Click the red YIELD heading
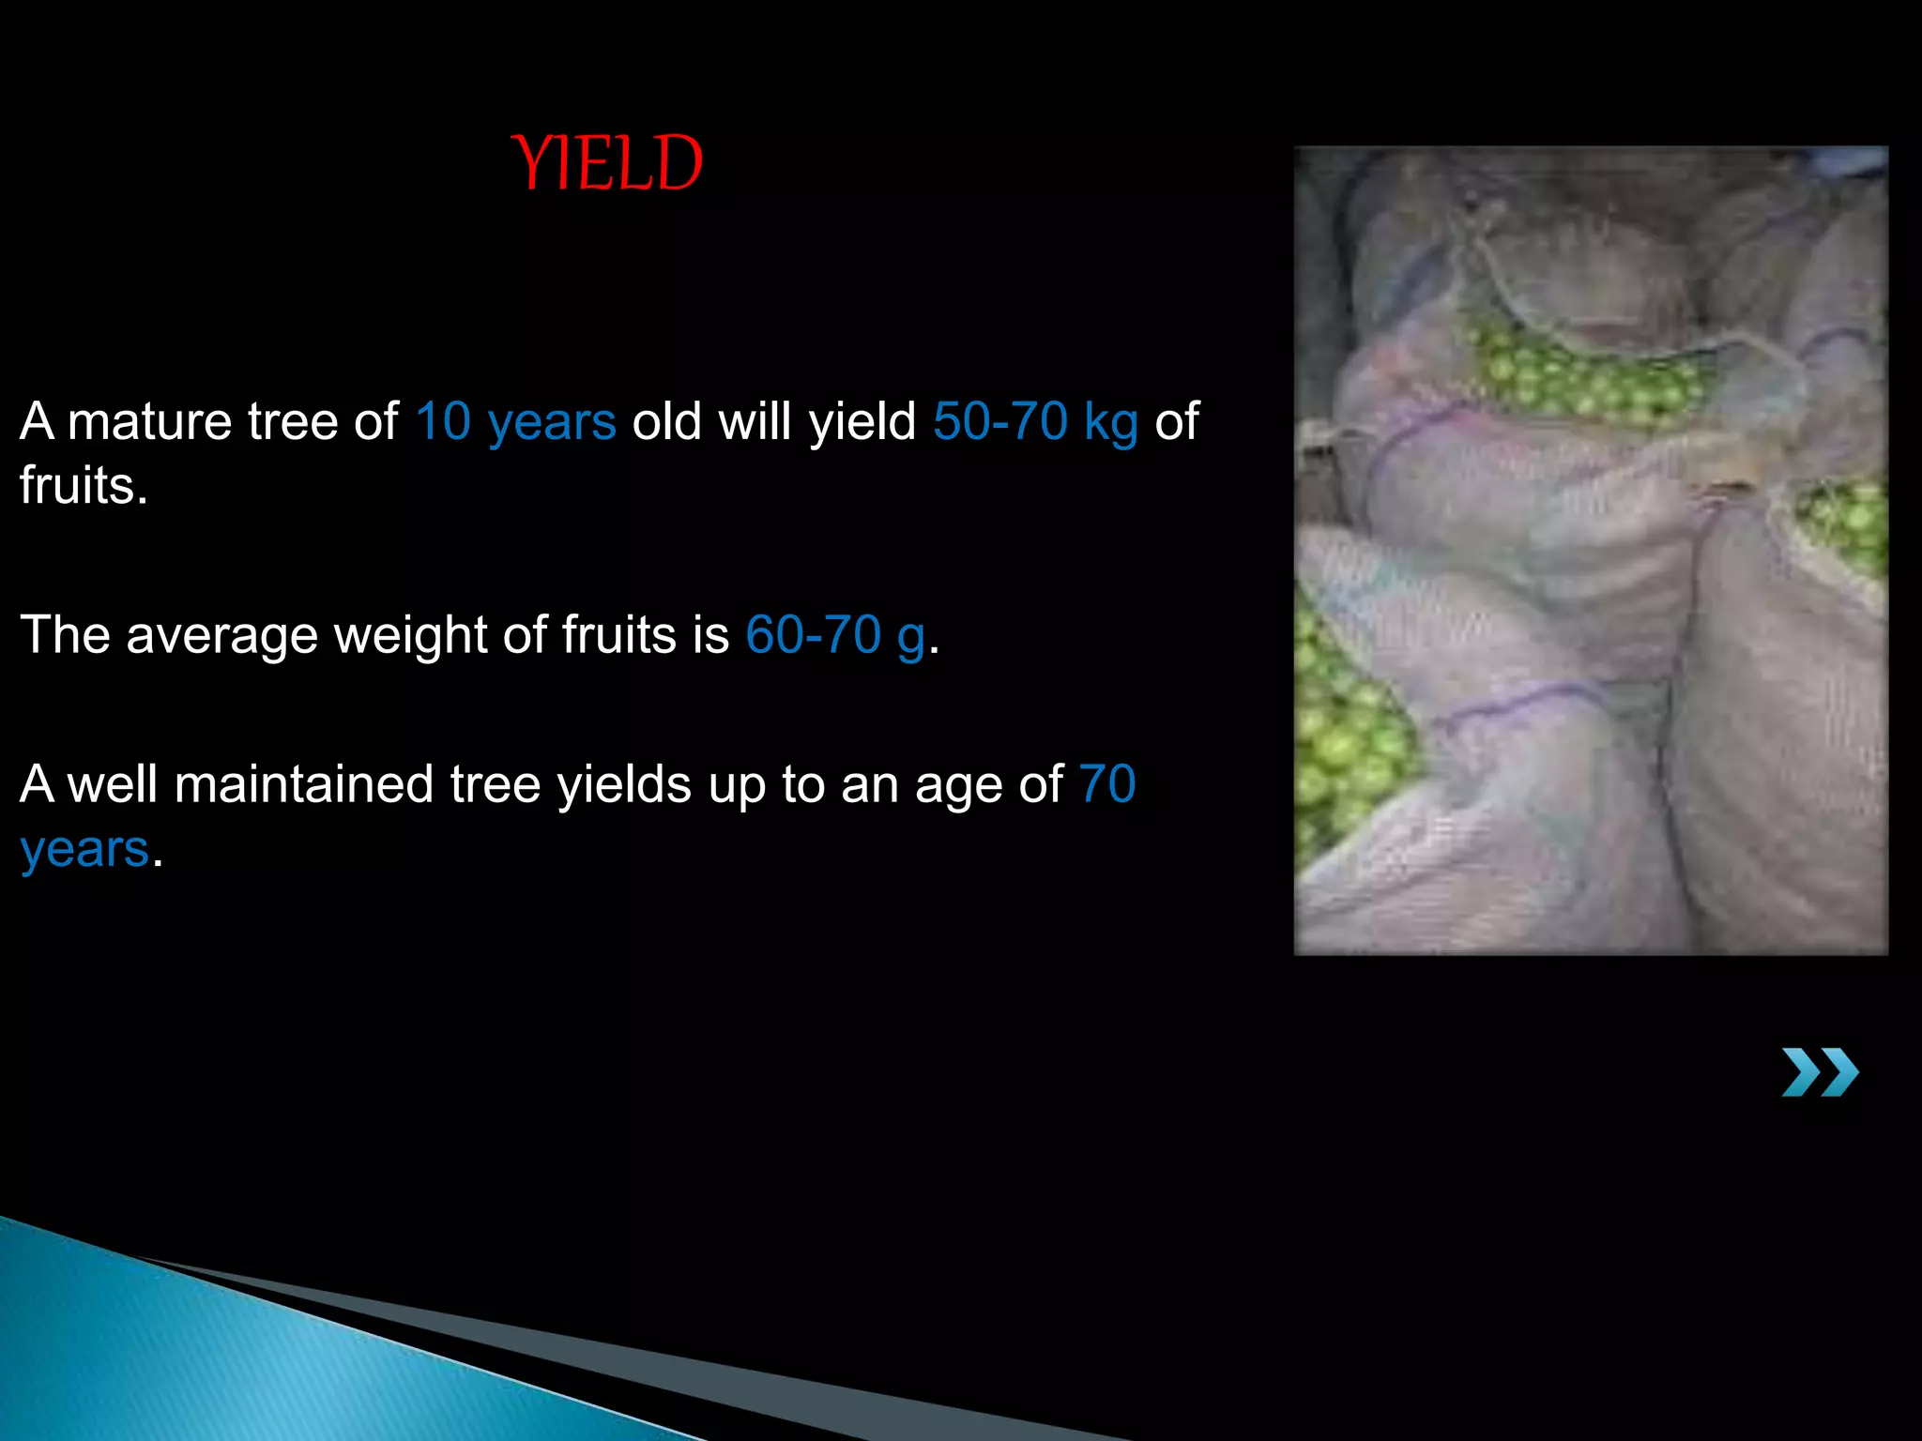607,163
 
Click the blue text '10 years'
515,421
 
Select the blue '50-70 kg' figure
1035,421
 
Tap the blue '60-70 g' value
835,635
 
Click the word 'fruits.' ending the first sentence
84,486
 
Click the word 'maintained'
303,784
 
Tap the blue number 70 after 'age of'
1107,784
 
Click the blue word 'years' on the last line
84,850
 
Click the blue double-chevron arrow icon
1820,1072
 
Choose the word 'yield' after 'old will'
862,421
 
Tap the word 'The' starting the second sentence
65,635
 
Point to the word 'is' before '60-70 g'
710,635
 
